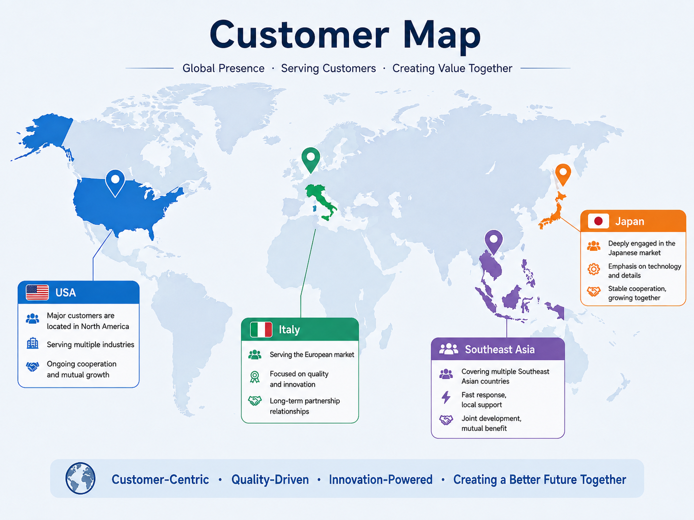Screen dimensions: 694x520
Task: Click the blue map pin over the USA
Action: tap(115, 183)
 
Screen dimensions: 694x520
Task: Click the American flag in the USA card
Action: tap(37, 293)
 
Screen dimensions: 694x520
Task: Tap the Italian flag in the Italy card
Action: tap(261, 329)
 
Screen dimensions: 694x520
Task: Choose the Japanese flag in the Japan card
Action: tap(598, 221)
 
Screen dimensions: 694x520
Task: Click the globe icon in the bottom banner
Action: tap(81, 478)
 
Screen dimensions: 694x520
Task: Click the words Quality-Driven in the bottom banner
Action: tap(270, 480)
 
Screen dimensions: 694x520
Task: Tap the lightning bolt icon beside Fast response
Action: tap(446, 397)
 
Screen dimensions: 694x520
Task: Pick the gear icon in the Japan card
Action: tap(594, 269)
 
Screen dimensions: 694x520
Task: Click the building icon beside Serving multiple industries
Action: tap(33, 343)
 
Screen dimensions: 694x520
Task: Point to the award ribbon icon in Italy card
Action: tap(254, 377)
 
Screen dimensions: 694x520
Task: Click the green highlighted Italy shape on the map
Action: tap(321, 202)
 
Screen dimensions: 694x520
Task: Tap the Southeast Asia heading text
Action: tap(499, 350)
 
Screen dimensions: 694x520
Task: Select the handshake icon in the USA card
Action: tap(33, 366)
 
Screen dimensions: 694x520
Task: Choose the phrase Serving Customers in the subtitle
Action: tap(328, 68)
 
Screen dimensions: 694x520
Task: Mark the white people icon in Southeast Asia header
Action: tap(448, 349)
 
